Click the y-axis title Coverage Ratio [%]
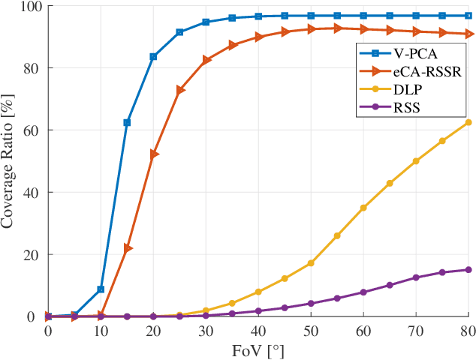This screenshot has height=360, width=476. pyautogui.click(x=10, y=161)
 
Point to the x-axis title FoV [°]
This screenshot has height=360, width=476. pyautogui.click(x=258, y=349)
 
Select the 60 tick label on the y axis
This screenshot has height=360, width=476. pyautogui.click(x=32, y=130)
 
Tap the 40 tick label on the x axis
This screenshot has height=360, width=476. pyautogui.click(x=258, y=331)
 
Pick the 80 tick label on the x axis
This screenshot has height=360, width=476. pyautogui.click(x=467, y=331)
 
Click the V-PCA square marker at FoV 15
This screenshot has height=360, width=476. pyautogui.click(x=127, y=122)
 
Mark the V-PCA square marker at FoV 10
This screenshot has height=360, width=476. pyautogui.click(x=101, y=289)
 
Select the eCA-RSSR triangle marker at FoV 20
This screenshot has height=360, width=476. pyautogui.click(x=154, y=154)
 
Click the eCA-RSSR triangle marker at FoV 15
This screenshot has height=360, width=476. pyautogui.click(x=128, y=248)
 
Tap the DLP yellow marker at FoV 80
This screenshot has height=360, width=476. pyautogui.click(x=468, y=122)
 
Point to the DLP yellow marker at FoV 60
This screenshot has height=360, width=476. pyautogui.click(x=363, y=208)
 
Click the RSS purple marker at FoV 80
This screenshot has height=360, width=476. pyautogui.click(x=468, y=270)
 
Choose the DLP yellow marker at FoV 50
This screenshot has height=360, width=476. pyautogui.click(x=311, y=263)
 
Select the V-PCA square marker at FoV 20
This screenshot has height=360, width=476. pyautogui.click(x=153, y=57)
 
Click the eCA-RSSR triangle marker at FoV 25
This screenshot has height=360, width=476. pyautogui.click(x=180, y=90)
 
